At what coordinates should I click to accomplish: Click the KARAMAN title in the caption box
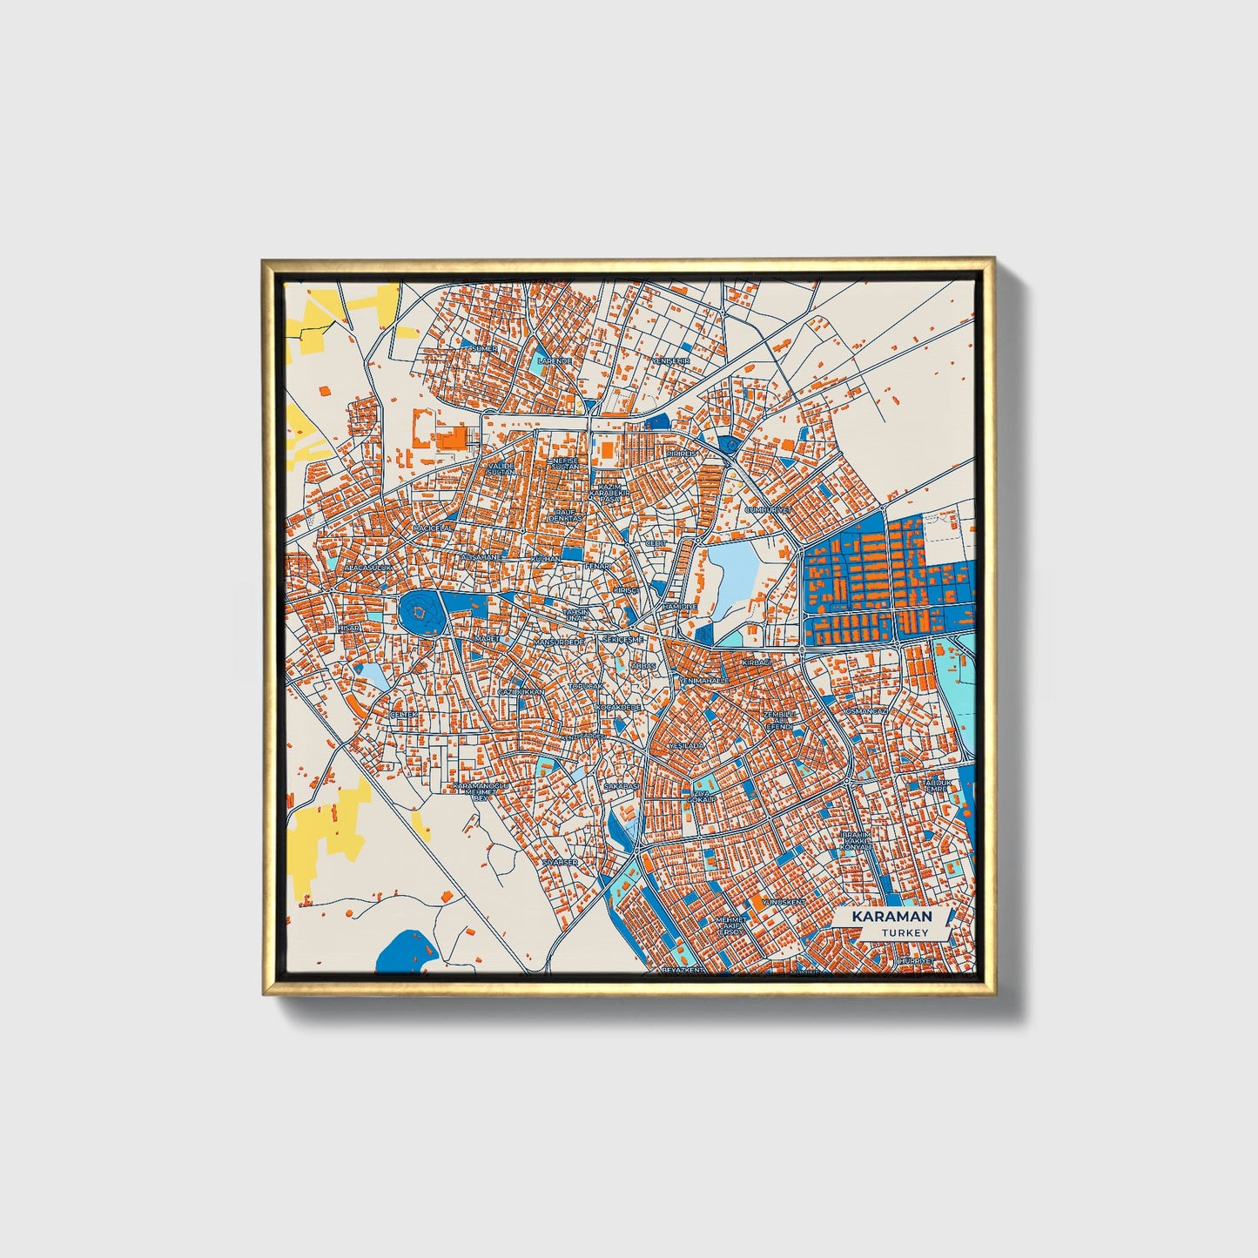891,917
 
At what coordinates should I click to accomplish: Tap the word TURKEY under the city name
904,932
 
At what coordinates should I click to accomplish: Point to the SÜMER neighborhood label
483,348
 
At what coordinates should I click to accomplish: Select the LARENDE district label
555,360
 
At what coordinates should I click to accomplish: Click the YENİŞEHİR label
671,360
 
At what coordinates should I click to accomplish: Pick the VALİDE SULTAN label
501,469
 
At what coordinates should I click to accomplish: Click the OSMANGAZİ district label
866,711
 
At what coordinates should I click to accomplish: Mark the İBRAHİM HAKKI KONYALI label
856,840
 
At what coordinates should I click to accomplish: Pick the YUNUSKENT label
783,902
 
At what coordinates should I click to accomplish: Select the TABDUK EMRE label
938,786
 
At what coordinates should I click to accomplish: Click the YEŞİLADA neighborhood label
685,747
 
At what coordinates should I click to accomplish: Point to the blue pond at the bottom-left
404,951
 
